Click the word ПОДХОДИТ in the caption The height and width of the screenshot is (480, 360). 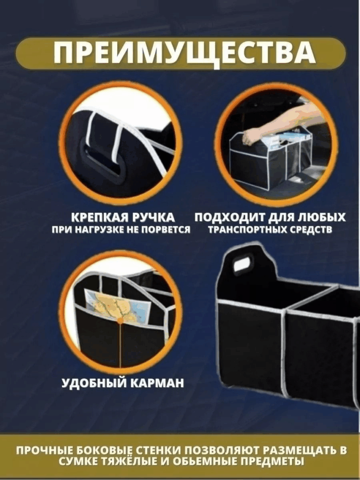pyautogui.click(x=230, y=217)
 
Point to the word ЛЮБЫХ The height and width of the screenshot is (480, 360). pyautogui.click(x=322, y=217)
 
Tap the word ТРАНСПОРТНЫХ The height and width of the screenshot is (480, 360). pyautogui.click(x=247, y=230)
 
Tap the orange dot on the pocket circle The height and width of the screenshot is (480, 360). pyautogui.click(x=120, y=321)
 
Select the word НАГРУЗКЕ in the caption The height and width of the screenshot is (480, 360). pyautogui.click(x=94, y=230)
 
